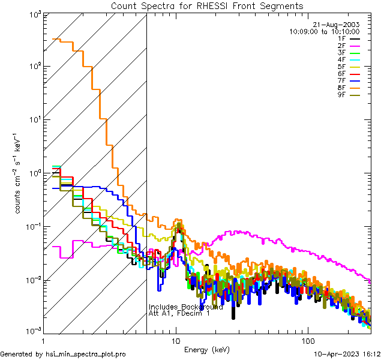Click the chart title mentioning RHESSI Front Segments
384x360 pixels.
click(x=207, y=6)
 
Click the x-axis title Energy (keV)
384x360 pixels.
click(x=207, y=349)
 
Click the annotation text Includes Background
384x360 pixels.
click(x=186, y=307)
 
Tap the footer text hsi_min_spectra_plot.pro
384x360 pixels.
click(x=86, y=354)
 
